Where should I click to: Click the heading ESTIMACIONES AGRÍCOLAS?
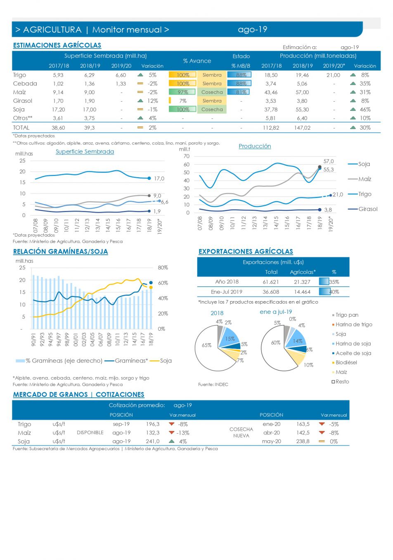click(x=57, y=45)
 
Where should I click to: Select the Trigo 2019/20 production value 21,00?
click(x=333, y=75)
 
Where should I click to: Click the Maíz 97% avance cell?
click(x=183, y=93)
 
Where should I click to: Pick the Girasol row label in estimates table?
click(x=23, y=101)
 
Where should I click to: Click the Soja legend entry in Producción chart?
click(x=364, y=164)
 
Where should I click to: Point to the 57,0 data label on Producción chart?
click(x=329, y=161)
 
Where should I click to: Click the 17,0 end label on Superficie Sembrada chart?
click(x=159, y=179)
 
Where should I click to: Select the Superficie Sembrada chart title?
click(x=85, y=152)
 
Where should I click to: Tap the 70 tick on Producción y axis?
click(x=187, y=157)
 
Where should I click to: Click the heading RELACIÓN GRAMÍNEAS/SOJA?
click(x=60, y=252)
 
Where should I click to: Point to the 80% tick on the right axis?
click(x=163, y=268)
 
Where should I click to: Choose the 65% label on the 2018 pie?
click(x=206, y=345)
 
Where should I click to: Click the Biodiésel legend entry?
click(x=346, y=363)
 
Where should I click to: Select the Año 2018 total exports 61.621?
click(x=271, y=282)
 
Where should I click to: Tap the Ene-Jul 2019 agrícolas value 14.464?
click(x=302, y=292)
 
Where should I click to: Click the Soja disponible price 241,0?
click(x=152, y=441)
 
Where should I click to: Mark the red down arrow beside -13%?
click(x=171, y=433)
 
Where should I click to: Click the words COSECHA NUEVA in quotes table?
click(x=241, y=432)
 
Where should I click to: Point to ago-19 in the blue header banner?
click(x=253, y=30)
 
